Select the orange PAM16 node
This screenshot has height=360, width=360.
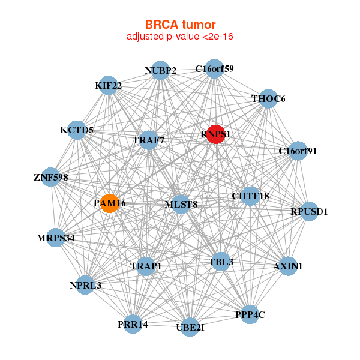click(x=110, y=203)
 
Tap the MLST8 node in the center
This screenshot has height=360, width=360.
click(x=181, y=204)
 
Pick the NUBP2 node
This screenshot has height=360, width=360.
click(x=160, y=71)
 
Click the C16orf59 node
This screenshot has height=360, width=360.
click(x=214, y=69)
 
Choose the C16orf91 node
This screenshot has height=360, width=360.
click(x=298, y=151)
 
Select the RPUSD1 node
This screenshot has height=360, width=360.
click(x=309, y=211)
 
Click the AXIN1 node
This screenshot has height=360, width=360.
click(x=288, y=266)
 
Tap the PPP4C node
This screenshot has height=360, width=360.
click(x=250, y=314)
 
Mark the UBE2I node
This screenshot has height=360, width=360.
click(x=190, y=327)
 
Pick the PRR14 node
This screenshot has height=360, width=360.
click(x=133, y=324)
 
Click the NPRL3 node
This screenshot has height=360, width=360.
click(x=85, y=285)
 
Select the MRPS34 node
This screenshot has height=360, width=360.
click(x=56, y=238)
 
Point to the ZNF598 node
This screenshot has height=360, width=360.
click(x=51, y=178)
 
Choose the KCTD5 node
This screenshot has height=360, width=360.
click(x=77, y=130)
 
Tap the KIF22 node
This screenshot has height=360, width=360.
click(x=108, y=85)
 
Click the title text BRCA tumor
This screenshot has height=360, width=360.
click(x=180, y=25)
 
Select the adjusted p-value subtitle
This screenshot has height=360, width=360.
click(x=180, y=37)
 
